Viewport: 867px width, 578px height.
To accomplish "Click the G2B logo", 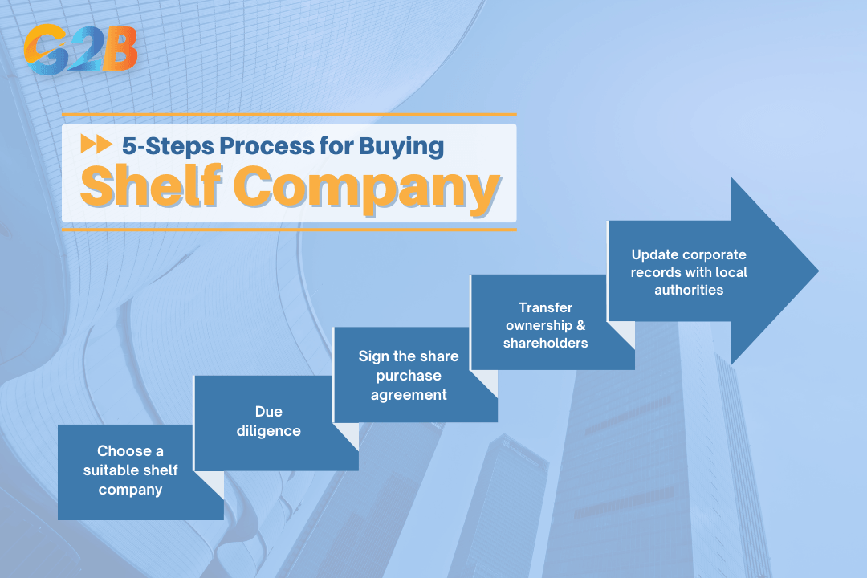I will (80, 51).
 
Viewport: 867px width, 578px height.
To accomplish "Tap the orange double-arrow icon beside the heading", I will (96, 145).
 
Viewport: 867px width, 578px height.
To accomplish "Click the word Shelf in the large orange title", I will (144, 189).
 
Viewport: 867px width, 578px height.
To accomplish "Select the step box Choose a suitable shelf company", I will (131, 470).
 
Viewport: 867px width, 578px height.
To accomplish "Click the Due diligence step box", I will (268, 421).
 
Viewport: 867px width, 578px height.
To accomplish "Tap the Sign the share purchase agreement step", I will (409, 375).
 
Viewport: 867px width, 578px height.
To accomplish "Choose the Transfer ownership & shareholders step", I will (546, 325).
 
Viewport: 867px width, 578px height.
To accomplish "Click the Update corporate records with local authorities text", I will (689, 272).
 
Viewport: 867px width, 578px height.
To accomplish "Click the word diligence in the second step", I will (268, 431).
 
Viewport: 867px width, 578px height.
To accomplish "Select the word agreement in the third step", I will (409, 394).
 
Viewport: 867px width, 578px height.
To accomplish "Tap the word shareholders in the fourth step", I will (546, 343).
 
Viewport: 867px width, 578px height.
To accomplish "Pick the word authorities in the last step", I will (689, 290).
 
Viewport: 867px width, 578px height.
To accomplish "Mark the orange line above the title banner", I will (289, 115).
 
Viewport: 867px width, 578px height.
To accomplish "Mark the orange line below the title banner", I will (289, 229).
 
